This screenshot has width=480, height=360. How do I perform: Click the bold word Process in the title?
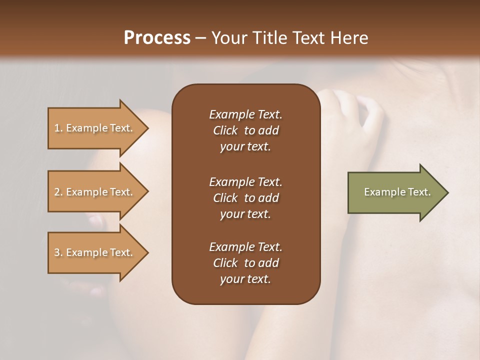pyautogui.click(x=157, y=38)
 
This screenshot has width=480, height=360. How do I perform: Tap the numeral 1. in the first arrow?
pyautogui.click(x=58, y=128)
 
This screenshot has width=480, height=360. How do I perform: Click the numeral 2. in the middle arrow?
pyautogui.click(x=58, y=192)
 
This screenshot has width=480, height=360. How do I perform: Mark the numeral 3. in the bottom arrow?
pyautogui.click(x=58, y=252)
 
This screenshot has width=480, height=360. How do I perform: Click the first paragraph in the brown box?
pyautogui.click(x=245, y=130)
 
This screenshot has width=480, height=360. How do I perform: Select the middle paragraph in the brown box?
pyautogui.click(x=245, y=198)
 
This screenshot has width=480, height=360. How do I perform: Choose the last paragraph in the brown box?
pyautogui.click(x=245, y=263)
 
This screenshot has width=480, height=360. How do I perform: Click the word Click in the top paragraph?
pyautogui.click(x=225, y=130)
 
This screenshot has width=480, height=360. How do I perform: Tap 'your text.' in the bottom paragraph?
pyautogui.click(x=245, y=279)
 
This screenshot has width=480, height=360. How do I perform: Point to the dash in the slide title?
pyautogui.click(x=201, y=38)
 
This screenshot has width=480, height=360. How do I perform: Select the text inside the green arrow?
pyautogui.click(x=397, y=192)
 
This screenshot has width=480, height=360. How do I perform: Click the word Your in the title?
pyautogui.click(x=230, y=38)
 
